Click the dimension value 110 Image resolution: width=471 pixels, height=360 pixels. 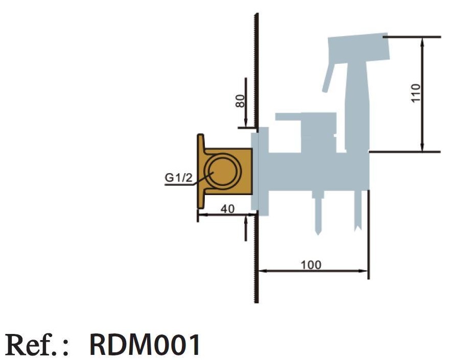click(416, 93)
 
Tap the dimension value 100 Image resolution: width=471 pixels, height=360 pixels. click(311, 265)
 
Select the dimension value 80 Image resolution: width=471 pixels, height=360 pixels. click(240, 101)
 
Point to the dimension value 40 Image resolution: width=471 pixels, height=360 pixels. click(227, 209)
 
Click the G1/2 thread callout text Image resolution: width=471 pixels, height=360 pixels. click(178, 178)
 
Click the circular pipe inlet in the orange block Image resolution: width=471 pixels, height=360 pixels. click(223, 171)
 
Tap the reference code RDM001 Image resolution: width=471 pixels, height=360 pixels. click(145, 345)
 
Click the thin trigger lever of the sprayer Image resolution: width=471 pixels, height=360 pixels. click(328, 78)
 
